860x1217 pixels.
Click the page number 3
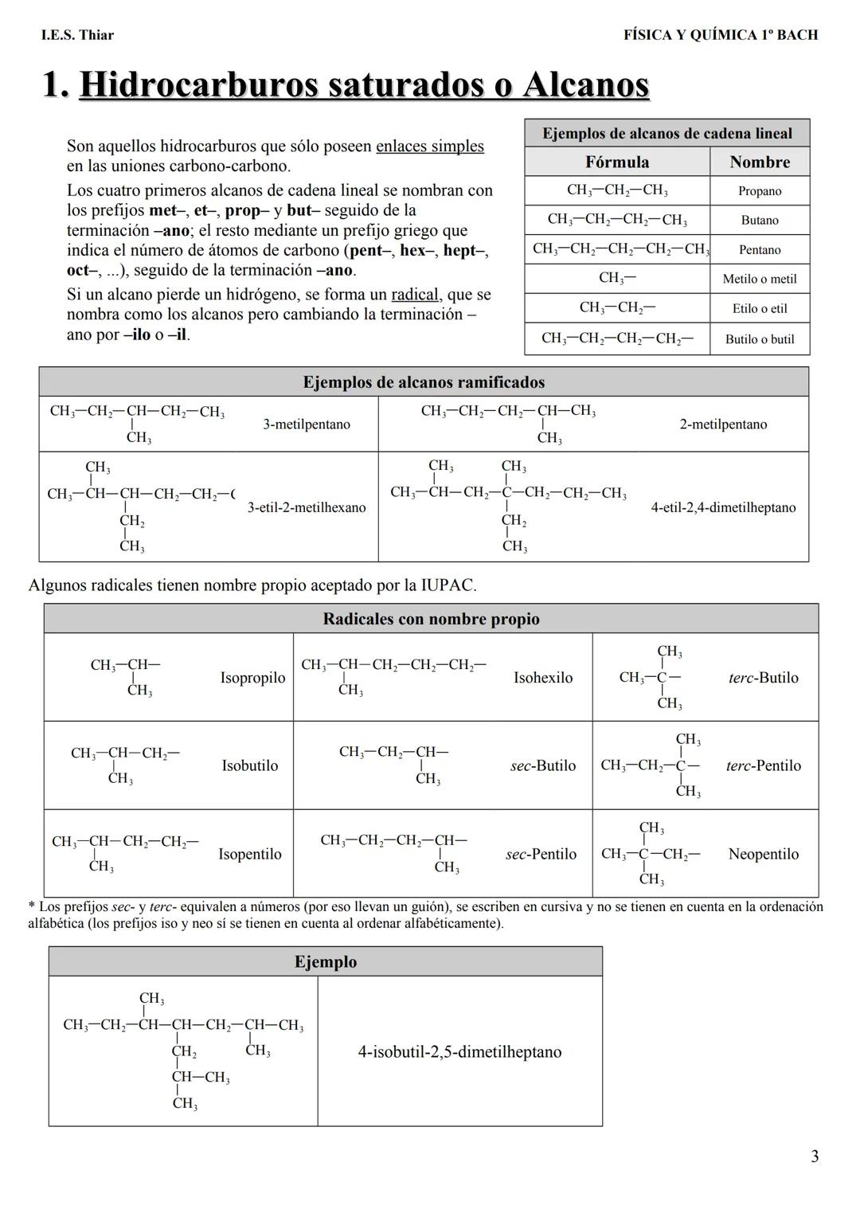coord(814,1156)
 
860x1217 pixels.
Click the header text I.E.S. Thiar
coord(77,35)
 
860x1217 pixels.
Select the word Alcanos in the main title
coord(585,85)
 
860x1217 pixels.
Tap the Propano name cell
coord(760,191)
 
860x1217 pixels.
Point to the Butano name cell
coord(760,221)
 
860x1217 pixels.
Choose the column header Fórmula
coord(617,162)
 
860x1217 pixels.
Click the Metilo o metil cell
coord(760,279)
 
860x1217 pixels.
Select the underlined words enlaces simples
coord(429,147)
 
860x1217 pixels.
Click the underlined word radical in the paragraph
coord(414,295)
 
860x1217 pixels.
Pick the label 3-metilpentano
coord(307,425)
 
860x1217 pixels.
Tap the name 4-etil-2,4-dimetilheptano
coord(723,507)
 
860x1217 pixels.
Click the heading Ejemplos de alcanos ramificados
coord(424,382)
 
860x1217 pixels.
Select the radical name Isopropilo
coord(252,678)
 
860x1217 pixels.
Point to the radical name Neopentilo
coord(763,854)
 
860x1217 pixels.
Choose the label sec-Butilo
coord(543,765)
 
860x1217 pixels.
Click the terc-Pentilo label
coord(763,765)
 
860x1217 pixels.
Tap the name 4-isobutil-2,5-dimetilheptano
coord(459,1052)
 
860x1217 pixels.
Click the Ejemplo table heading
coord(326,961)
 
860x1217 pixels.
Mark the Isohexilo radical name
coord(543,678)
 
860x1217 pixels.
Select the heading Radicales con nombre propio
coord(431,619)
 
